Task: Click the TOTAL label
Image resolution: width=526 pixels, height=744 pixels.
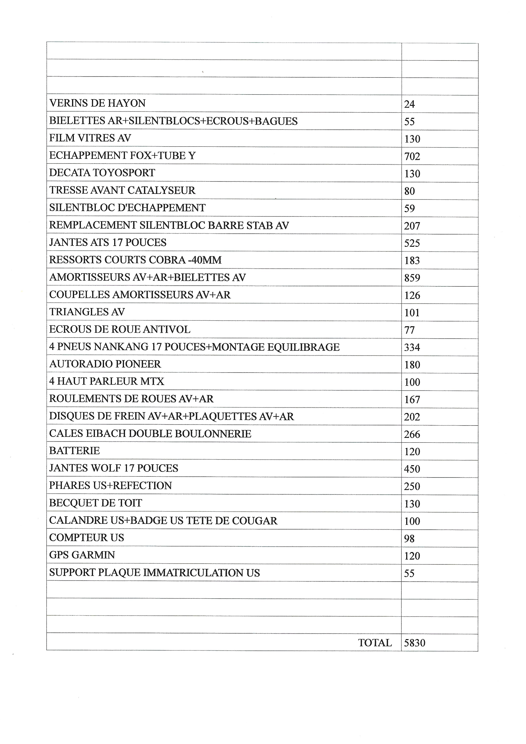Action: click(375, 643)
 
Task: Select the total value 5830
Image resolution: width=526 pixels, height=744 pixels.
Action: click(415, 643)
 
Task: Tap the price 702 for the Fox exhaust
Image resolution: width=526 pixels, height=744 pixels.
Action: click(412, 156)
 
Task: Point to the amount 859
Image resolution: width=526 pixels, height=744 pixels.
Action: click(412, 278)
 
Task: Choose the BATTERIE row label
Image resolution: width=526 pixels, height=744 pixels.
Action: click(74, 451)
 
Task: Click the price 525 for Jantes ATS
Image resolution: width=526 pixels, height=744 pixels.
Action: click(412, 243)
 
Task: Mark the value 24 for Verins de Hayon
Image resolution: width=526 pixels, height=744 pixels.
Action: click(409, 104)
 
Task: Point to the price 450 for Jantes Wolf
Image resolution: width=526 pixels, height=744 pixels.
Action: click(412, 469)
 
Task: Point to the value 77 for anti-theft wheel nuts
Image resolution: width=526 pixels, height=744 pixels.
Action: click(409, 330)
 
